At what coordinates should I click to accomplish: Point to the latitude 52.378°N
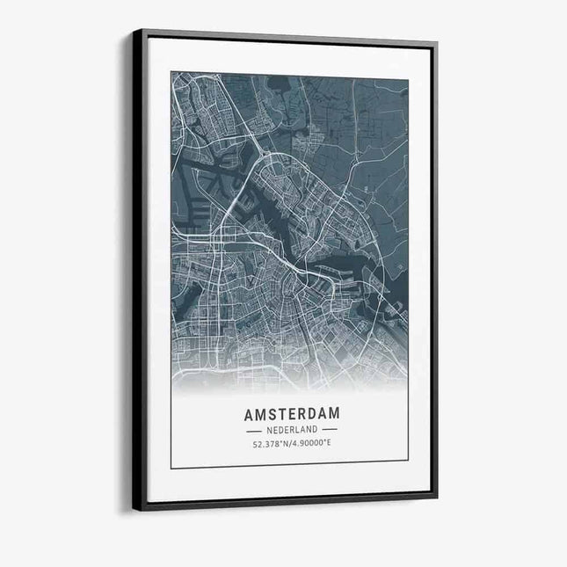pos(271,443)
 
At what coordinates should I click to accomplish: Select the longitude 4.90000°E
pos(311,443)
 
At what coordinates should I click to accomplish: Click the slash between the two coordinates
pos(291,443)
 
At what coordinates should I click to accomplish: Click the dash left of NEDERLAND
pos(254,430)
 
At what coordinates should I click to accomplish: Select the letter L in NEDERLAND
pos(297,430)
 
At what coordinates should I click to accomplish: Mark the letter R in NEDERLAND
pos(290,430)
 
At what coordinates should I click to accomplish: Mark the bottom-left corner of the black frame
pos(134,509)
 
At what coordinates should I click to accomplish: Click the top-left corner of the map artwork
pos(171,73)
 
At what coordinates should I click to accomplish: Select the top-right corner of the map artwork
pos(408,80)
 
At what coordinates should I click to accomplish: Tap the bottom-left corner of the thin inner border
pos(171,468)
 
